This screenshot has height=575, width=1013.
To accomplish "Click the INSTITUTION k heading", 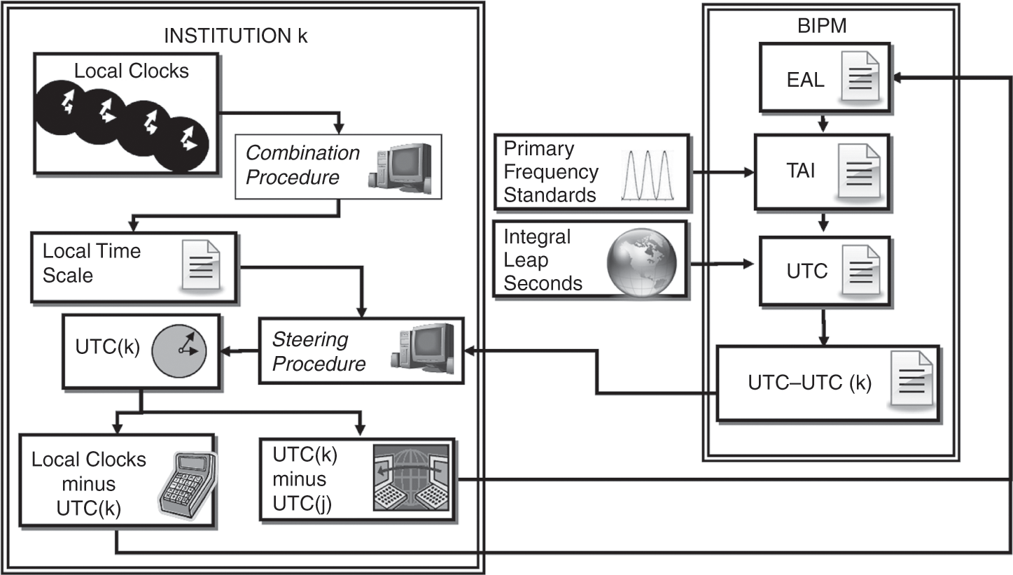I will (x=235, y=37).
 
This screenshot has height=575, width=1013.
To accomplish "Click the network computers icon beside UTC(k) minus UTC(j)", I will (x=413, y=479).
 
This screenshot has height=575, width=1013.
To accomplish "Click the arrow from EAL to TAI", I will (x=823, y=122).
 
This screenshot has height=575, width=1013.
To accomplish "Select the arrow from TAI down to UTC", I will (x=823, y=222).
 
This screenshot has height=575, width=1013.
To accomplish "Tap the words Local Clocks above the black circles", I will (x=132, y=71).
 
